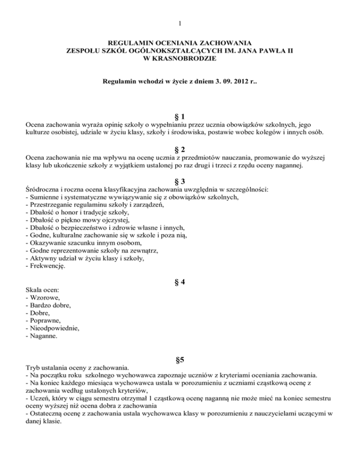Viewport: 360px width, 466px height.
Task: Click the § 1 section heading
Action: (180, 116)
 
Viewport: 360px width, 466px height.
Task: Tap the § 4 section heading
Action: (180, 283)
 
